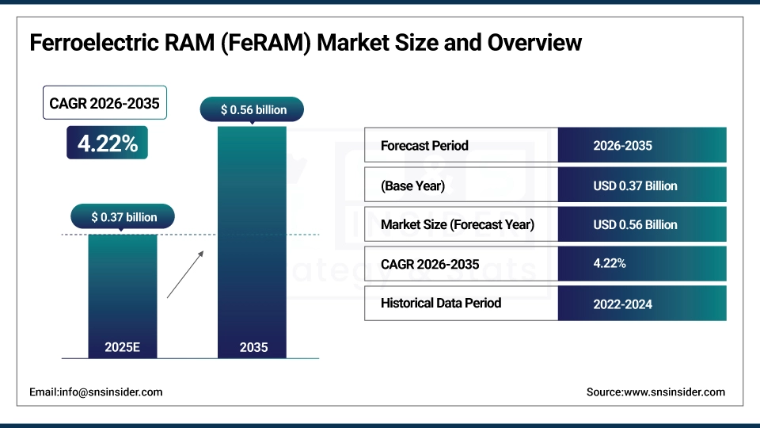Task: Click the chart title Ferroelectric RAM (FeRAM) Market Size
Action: (306, 42)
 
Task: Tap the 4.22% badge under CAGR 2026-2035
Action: (107, 143)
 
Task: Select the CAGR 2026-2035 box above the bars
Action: (104, 103)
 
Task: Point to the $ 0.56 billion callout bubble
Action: (253, 110)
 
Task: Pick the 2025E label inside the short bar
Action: (123, 347)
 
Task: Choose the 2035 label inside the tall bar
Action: (253, 347)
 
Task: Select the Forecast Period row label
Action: (424, 146)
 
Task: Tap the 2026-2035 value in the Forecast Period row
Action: (622, 146)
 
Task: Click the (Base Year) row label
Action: (412, 186)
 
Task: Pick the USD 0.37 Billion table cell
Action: (635, 186)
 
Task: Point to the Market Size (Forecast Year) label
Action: (458, 224)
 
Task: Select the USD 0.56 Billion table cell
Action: (635, 224)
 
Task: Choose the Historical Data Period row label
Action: (441, 303)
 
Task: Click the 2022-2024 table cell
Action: (622, 304)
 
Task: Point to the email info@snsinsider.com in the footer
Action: (96, 392)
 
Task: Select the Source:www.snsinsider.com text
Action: (655, 392)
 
